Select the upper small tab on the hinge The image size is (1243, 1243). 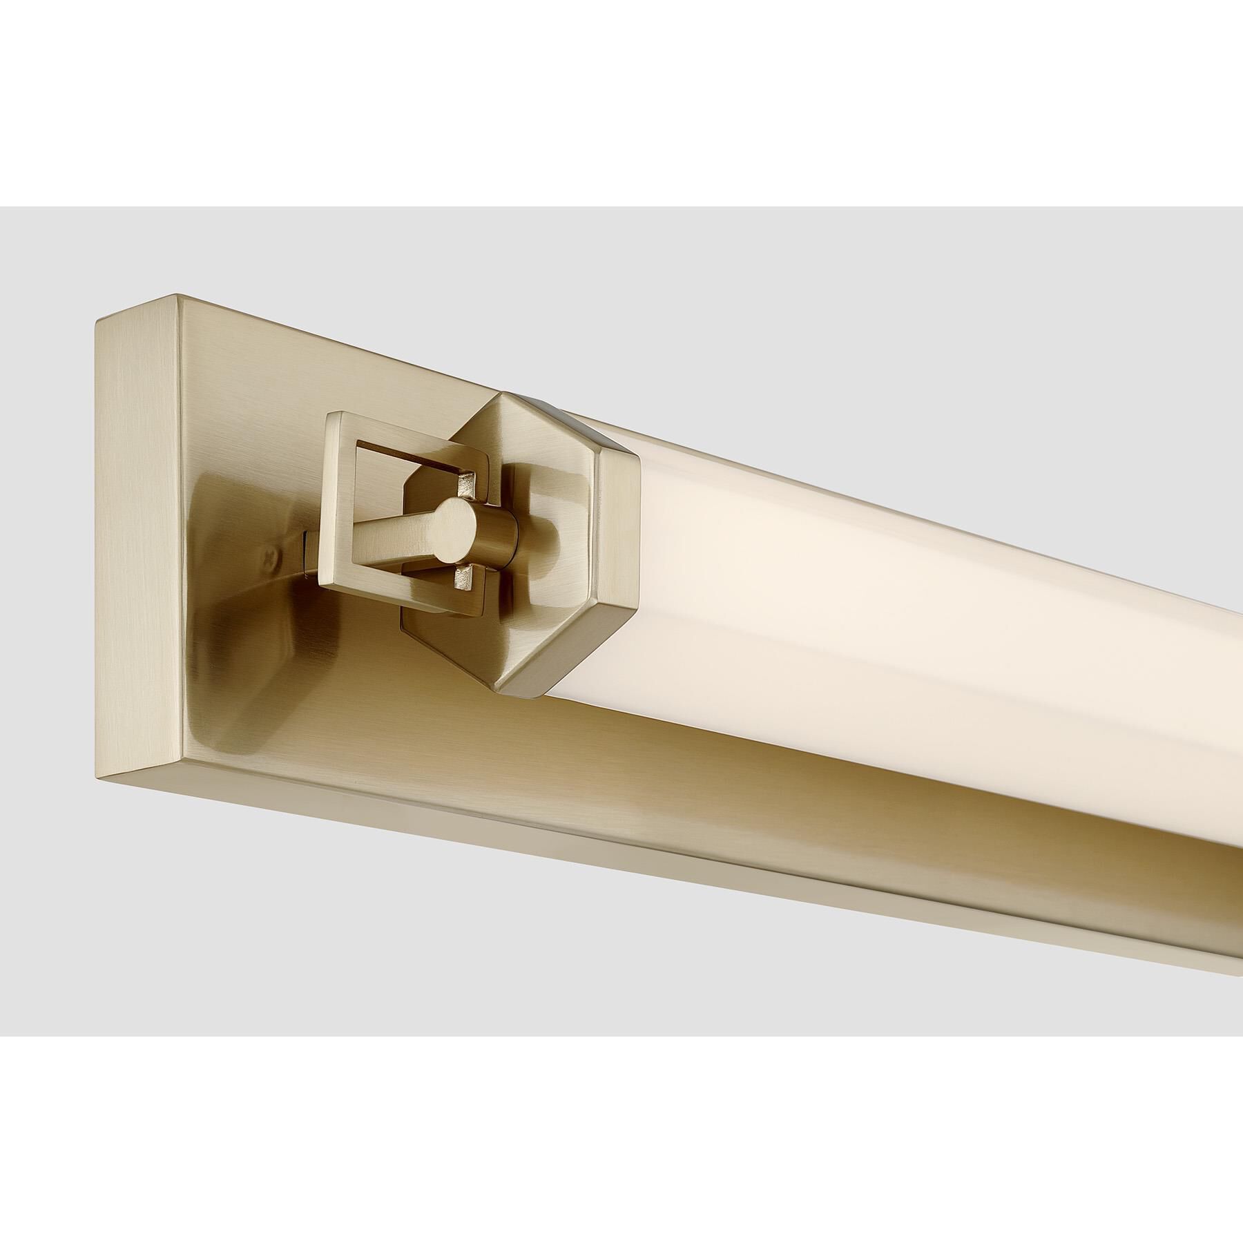469,479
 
